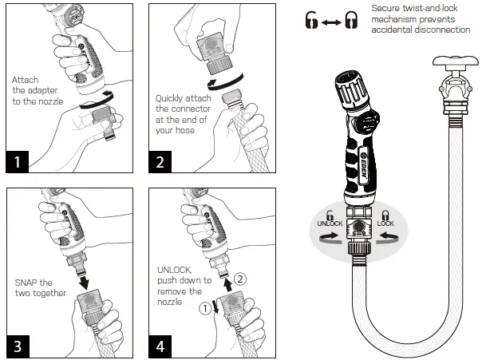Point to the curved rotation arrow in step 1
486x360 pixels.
click(x=100, y=101)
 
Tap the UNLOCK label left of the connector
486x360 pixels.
click(x=330, y=224)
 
